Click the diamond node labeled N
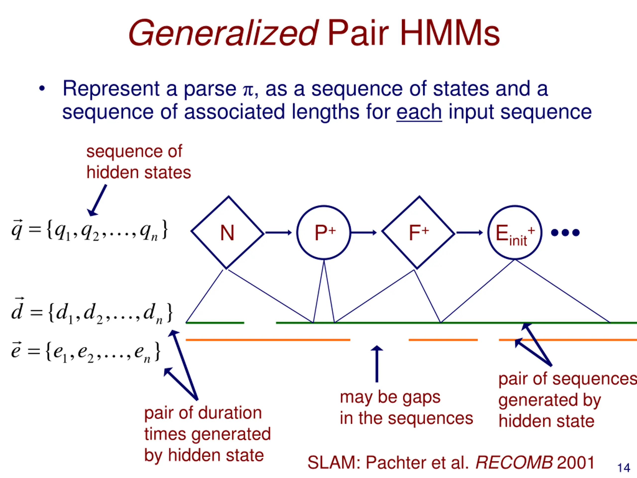227,233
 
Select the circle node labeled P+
324,233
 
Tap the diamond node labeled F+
419,233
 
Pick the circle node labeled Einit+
515,233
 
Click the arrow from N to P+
278,233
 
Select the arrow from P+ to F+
364,233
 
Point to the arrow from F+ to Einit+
469,233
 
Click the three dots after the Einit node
565,233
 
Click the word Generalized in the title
223,33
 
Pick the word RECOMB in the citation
514,463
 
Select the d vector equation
92,313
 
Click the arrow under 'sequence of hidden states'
97,200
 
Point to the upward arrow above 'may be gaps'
377,364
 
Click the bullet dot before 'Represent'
42,88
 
